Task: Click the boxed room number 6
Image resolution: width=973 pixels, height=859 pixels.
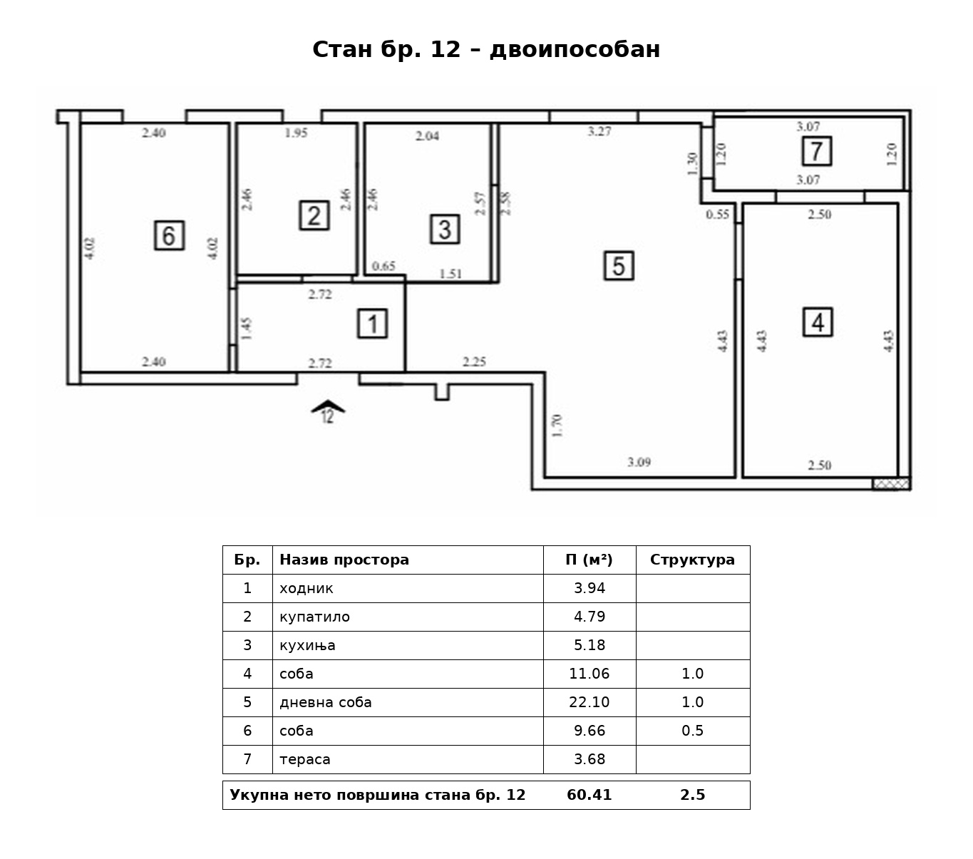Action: click(169, 235)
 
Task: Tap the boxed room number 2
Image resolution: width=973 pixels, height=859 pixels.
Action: click(314, 215)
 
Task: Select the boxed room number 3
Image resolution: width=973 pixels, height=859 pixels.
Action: click(445, 229)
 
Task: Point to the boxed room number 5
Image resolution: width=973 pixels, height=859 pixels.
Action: click(619, 266)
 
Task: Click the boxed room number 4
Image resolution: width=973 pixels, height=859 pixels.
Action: click(818, 322)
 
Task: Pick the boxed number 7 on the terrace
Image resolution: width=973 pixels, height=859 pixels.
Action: click(817, 151)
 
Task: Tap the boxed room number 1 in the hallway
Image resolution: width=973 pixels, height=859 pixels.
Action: click(372, 324)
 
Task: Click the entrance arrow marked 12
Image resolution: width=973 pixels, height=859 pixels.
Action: click(328, 411)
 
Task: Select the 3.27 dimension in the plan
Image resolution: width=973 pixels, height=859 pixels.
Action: click(599, 131)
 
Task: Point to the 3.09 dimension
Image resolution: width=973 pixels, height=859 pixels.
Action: click(639, 462)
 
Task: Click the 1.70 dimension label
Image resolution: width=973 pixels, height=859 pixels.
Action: click(557, 426)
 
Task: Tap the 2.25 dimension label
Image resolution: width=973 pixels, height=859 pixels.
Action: click(475, 361)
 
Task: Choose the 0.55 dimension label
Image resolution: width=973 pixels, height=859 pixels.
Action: click(718, 215)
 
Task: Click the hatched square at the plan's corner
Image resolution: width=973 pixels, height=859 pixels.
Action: click(891, 484)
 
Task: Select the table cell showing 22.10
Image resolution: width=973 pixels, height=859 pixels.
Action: click(590, 702)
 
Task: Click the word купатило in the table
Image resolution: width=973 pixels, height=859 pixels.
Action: click(314, 617)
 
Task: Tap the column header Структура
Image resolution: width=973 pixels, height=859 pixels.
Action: click(692, 560)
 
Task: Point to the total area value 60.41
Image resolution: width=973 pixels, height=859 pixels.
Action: click(590, 795)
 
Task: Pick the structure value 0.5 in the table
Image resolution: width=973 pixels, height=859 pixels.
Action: click(693, 731)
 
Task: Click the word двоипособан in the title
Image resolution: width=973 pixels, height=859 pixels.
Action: click(575, 49)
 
